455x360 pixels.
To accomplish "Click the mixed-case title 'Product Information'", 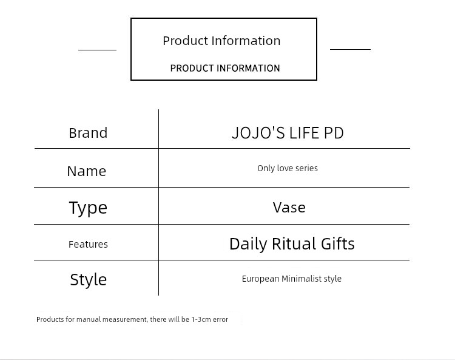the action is [221, 41].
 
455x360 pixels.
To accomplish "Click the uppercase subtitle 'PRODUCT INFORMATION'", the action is [225, 68].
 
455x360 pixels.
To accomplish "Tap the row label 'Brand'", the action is [88, 133].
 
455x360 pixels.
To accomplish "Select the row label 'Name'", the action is [87, 171].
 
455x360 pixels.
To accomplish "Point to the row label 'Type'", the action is [88, 208].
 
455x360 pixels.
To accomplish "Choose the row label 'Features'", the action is [88, 244].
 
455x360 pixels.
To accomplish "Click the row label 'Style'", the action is [89, 280].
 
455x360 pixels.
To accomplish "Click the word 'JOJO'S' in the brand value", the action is [258, 133].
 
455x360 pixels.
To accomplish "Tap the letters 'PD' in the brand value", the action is [334, 133].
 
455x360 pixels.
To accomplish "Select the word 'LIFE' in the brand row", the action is [305, 133].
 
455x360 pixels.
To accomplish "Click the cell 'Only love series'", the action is [288, 168].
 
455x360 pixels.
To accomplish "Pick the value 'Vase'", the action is [289, 208].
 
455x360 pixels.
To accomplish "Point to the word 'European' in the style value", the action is [260, 279].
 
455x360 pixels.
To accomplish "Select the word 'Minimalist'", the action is [302, 279].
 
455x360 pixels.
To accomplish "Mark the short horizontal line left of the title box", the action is [97, 50].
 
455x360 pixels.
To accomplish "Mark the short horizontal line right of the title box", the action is [350, 49].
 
